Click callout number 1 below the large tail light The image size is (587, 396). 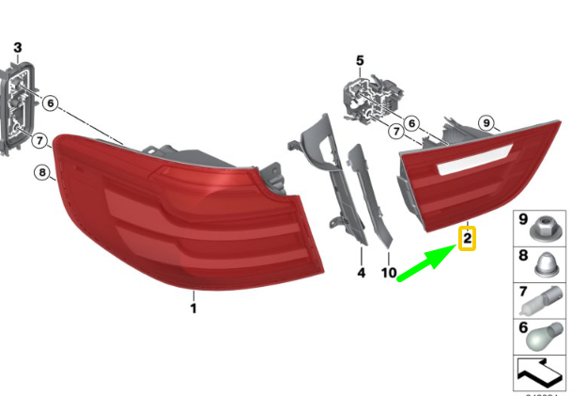[x=193, y=308]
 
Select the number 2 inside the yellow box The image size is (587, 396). [x=466, y=239]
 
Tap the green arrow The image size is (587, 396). [x=424, y=263]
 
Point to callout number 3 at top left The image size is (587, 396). [x=17, y=47]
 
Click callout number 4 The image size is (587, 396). [x=361, y=274]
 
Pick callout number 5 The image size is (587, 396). [x=359, y=61]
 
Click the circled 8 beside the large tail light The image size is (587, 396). [x=41, y=172]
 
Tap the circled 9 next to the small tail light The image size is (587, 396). [x=487, y=121]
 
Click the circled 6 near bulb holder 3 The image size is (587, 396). [x=50, y=103]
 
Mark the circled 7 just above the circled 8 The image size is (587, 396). [x=39, y=142]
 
